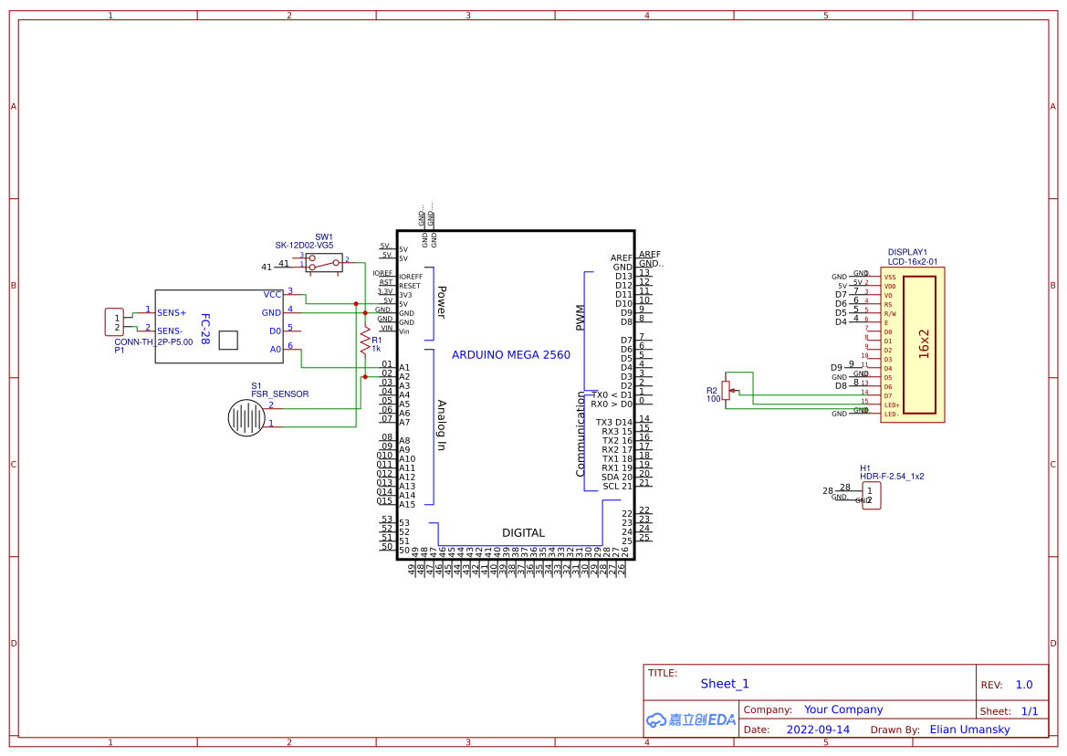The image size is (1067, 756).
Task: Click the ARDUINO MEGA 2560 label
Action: [510, 355]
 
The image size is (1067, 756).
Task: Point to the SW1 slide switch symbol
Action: [323, 263]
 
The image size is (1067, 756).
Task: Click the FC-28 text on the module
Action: [204, 330]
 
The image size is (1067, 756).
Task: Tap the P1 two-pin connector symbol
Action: [116, 322]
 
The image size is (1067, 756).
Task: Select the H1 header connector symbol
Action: [871, 496]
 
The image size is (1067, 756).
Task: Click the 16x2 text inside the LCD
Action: [923, 344]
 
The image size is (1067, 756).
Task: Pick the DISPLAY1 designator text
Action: [907, 252]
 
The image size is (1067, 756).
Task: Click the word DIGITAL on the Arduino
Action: [523, 533]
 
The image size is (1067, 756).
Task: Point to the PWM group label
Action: [580, 318]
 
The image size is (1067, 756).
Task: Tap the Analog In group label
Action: [441, 425]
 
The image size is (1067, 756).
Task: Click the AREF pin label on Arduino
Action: [622, 258]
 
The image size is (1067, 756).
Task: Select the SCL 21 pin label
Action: [617, 487]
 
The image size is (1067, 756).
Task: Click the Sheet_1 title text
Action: [725, 684]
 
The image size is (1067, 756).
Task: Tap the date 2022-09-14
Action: [818, 730]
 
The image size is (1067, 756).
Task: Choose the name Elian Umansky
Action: [970, 730]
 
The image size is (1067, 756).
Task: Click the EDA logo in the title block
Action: [690, 719]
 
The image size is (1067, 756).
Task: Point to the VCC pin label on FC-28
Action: [272, 295]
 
